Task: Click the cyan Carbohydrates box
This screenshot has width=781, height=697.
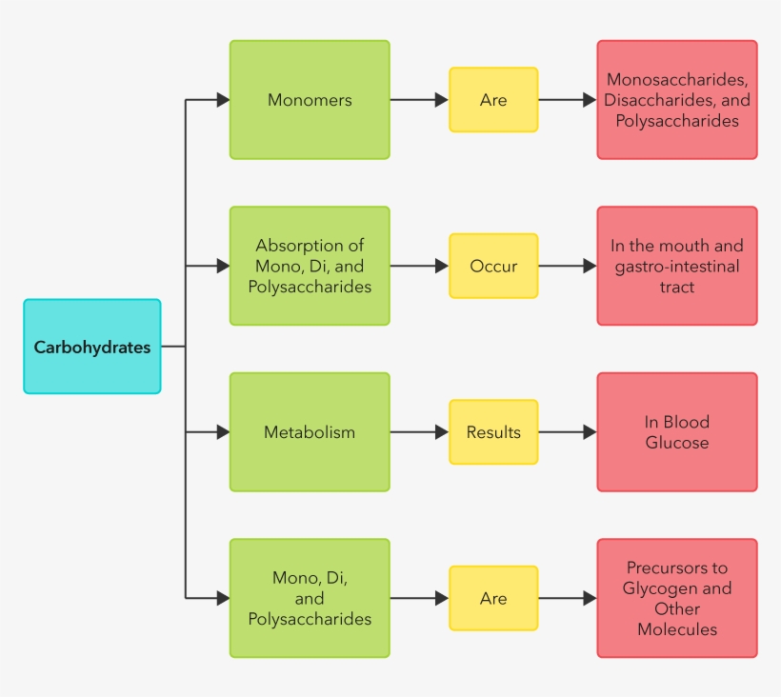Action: coord(92,347)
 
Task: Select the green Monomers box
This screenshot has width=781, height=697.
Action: coord(310,100)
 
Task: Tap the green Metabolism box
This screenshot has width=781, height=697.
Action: coord(310,432)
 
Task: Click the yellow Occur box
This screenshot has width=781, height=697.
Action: coord(493,267)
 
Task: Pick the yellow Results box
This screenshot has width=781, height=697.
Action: coord(493,432)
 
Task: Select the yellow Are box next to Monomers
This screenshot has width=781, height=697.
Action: coord(493,100)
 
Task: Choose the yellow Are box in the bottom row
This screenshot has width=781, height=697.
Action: coord(493,599)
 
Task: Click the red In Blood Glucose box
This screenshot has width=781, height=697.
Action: coord(677,432)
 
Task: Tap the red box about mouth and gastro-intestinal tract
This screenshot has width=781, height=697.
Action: coord(677,267)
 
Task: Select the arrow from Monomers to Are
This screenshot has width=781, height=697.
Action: coord(419,100)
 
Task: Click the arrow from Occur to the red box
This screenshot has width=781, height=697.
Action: coord(568,267)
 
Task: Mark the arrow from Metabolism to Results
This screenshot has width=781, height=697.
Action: coord(419,432)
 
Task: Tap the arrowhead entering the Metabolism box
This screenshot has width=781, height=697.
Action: coord(223,432)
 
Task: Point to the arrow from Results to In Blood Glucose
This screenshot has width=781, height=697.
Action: coord(568,432)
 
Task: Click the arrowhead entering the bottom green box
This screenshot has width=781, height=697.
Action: coord(223,599)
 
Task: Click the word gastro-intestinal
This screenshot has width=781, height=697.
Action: coord(676,267)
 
